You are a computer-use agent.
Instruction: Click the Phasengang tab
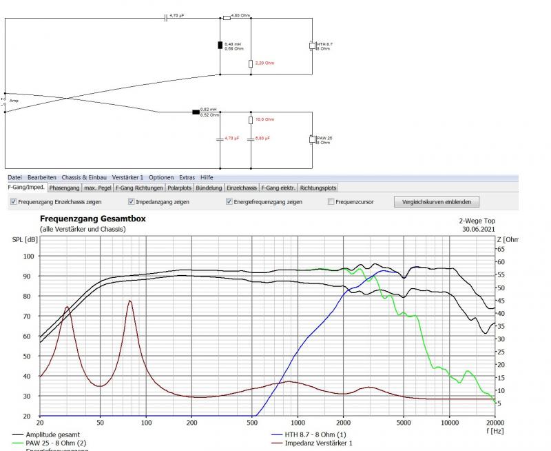(x=65, y=188)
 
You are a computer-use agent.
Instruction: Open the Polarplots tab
(x=180, y=188)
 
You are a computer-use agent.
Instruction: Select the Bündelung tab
(x=209, y=188)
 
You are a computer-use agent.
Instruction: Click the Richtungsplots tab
(x=319, y=188)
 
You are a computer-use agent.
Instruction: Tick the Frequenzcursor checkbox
(x=331, y=202)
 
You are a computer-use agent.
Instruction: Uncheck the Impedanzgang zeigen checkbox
(x=131, y=202)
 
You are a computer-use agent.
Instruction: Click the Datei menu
(x=14, y=177)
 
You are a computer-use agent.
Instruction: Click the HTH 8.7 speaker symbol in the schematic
(x=312, y=46)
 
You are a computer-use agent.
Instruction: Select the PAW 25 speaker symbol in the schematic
(x=312, y=140)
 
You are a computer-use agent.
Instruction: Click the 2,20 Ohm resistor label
(x=265, y=63)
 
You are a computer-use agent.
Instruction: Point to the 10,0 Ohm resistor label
(x=265, y=119)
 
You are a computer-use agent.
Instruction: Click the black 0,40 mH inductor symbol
(x=220, y=46)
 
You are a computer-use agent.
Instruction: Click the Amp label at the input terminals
(x=14, y=100)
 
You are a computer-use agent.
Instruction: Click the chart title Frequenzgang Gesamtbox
(x=93, y=219)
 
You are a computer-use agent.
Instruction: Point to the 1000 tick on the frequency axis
(x=298, y=422)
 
